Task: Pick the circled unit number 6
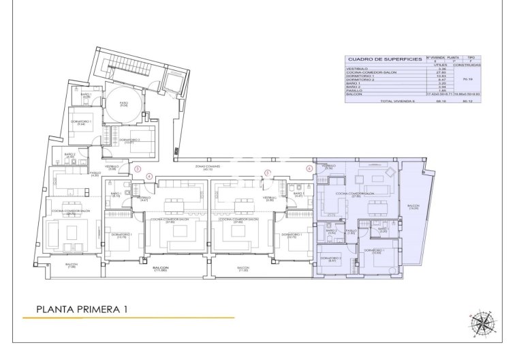(x=309, y=168)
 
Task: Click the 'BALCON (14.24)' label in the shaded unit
(x=413, y=207)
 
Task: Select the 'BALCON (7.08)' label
(x=72, y=266)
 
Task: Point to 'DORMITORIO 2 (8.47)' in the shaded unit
(x=331, y=260)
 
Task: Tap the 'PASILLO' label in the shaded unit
(x=350, y=232)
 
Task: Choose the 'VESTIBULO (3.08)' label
(x=112, y=167)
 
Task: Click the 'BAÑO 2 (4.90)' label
(x=69, y=155)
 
